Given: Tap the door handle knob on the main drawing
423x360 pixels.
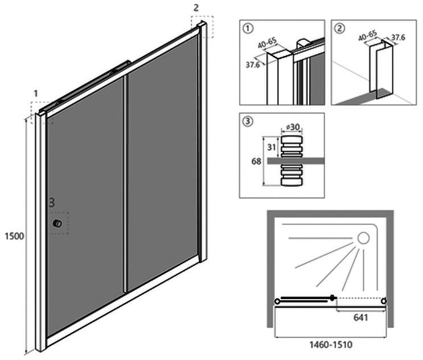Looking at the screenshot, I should (57, 224).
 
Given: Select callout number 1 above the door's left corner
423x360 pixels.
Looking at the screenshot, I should (36, 92).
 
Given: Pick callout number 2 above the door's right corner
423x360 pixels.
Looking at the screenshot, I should (196, 8).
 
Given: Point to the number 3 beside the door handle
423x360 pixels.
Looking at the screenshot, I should (51, 202).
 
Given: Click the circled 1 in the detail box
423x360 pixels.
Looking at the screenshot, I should (247, 27).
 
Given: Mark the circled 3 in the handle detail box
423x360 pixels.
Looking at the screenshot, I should (247, 121).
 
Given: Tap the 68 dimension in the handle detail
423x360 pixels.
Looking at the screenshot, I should (256, 161).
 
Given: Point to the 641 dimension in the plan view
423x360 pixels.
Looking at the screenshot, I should (360, 317).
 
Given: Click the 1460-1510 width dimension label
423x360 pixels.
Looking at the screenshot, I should (332, 345).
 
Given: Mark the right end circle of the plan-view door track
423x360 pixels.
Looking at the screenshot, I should (385, 300).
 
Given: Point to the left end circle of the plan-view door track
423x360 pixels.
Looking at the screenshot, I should (278, 300).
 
